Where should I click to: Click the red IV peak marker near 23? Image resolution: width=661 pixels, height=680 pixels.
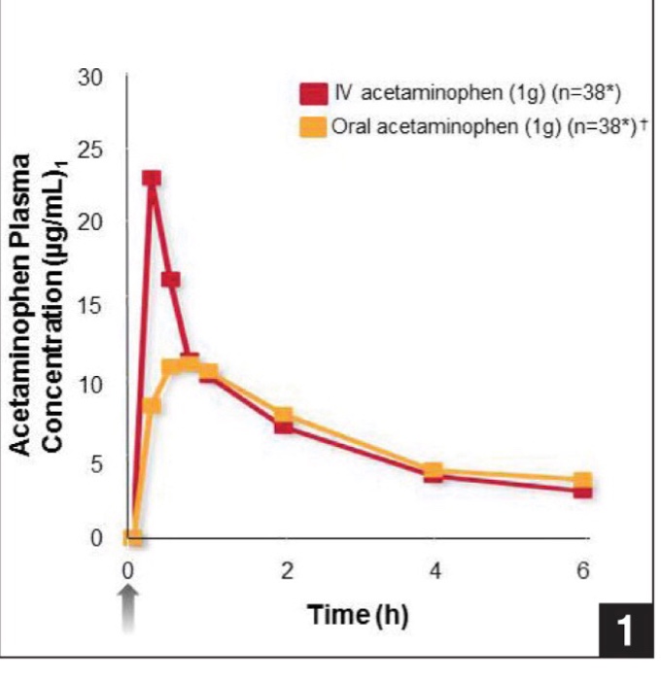coord(151,179)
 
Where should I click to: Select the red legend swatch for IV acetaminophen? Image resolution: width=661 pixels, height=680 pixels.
coord(311,92)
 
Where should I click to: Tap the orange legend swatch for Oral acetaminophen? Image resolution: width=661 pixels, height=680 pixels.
coord(311,127)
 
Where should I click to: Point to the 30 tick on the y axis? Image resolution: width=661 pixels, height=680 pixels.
coord(89,76)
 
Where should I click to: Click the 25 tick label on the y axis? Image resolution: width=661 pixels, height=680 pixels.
coord(89,150)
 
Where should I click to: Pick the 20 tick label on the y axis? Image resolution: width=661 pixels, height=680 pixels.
coord(89,221)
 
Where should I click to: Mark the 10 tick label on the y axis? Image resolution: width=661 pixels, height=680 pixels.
coord(89,382)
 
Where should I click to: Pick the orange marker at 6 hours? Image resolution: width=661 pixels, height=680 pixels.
coord(582,480)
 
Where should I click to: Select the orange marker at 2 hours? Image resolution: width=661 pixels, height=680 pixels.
coord(284,416)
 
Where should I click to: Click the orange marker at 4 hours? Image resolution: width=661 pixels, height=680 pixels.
coord(434,471)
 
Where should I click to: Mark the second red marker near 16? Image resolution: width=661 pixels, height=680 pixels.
coord(170,280)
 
